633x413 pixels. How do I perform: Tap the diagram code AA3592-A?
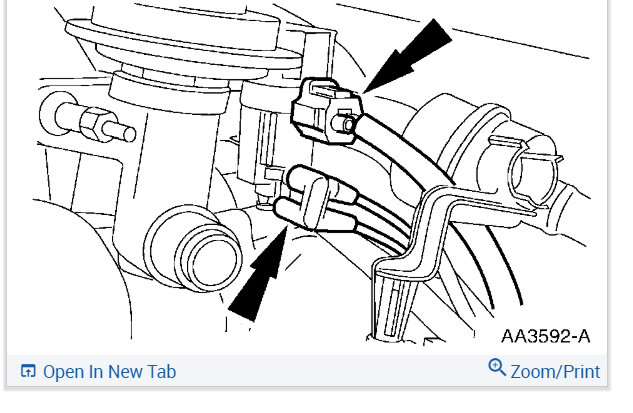(545, 336)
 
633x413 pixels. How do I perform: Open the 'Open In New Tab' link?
(109, 372)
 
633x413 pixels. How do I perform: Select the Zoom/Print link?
(555, 372)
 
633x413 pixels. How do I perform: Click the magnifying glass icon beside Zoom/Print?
(497, 367)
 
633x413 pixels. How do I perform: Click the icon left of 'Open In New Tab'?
(28, 371)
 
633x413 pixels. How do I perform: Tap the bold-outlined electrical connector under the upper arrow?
(326, 111)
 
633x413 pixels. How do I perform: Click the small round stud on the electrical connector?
(346, 123)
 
